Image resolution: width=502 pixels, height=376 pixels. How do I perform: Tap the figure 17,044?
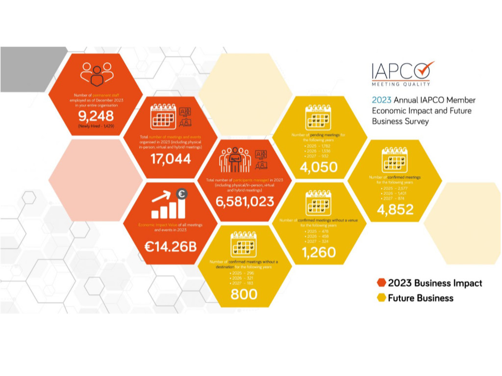point(171,159)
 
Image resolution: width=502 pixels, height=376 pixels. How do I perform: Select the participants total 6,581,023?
point(245,201)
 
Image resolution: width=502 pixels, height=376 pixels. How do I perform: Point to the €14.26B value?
point(171,246)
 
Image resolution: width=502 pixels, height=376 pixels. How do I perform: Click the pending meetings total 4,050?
point(319,167)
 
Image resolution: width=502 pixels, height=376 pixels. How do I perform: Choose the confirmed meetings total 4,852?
point(395,209)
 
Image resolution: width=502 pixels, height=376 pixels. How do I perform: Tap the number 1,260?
point(319,252)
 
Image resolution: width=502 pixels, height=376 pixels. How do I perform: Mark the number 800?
point(244,294)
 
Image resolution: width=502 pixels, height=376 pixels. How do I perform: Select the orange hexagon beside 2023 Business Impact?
point(381,283)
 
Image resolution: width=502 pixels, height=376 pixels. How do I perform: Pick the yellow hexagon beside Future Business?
point(381,298)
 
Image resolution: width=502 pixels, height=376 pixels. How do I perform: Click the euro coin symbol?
point(182,194)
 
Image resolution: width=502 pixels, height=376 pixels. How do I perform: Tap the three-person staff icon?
point(97,73)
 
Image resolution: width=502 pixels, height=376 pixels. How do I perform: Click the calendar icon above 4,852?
point(395,159)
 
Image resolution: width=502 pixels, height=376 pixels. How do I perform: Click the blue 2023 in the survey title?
point(381,100)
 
